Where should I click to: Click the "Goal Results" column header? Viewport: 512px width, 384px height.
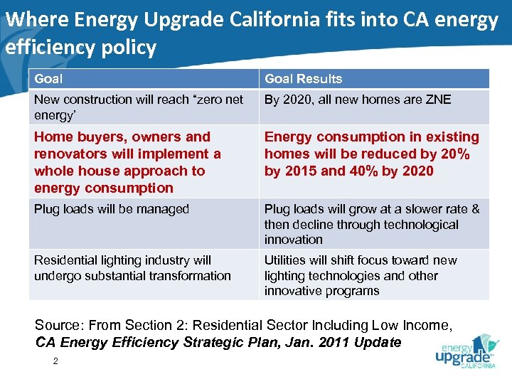[x=303, y=79]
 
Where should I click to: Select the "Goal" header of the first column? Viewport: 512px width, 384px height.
[x=48, y=79]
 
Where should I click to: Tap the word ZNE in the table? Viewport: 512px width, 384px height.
[x=437, y=100]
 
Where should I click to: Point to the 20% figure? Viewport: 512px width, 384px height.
[x=456, y=154]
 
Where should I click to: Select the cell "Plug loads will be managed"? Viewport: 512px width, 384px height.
[x=112, y=209]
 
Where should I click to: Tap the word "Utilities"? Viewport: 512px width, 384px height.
[x=286, y=260]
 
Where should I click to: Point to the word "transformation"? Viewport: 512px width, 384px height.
[x=190, y=276]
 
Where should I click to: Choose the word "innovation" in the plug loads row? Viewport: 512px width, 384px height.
[x=293, y=240]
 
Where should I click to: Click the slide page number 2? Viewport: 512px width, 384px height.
[x=55, y=361]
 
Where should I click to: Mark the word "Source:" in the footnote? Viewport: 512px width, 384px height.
[x=58, y=326]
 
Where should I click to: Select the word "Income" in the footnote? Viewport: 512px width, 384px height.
[x=424, y=326]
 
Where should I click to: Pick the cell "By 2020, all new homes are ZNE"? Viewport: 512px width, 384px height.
[x=358, y=100]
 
